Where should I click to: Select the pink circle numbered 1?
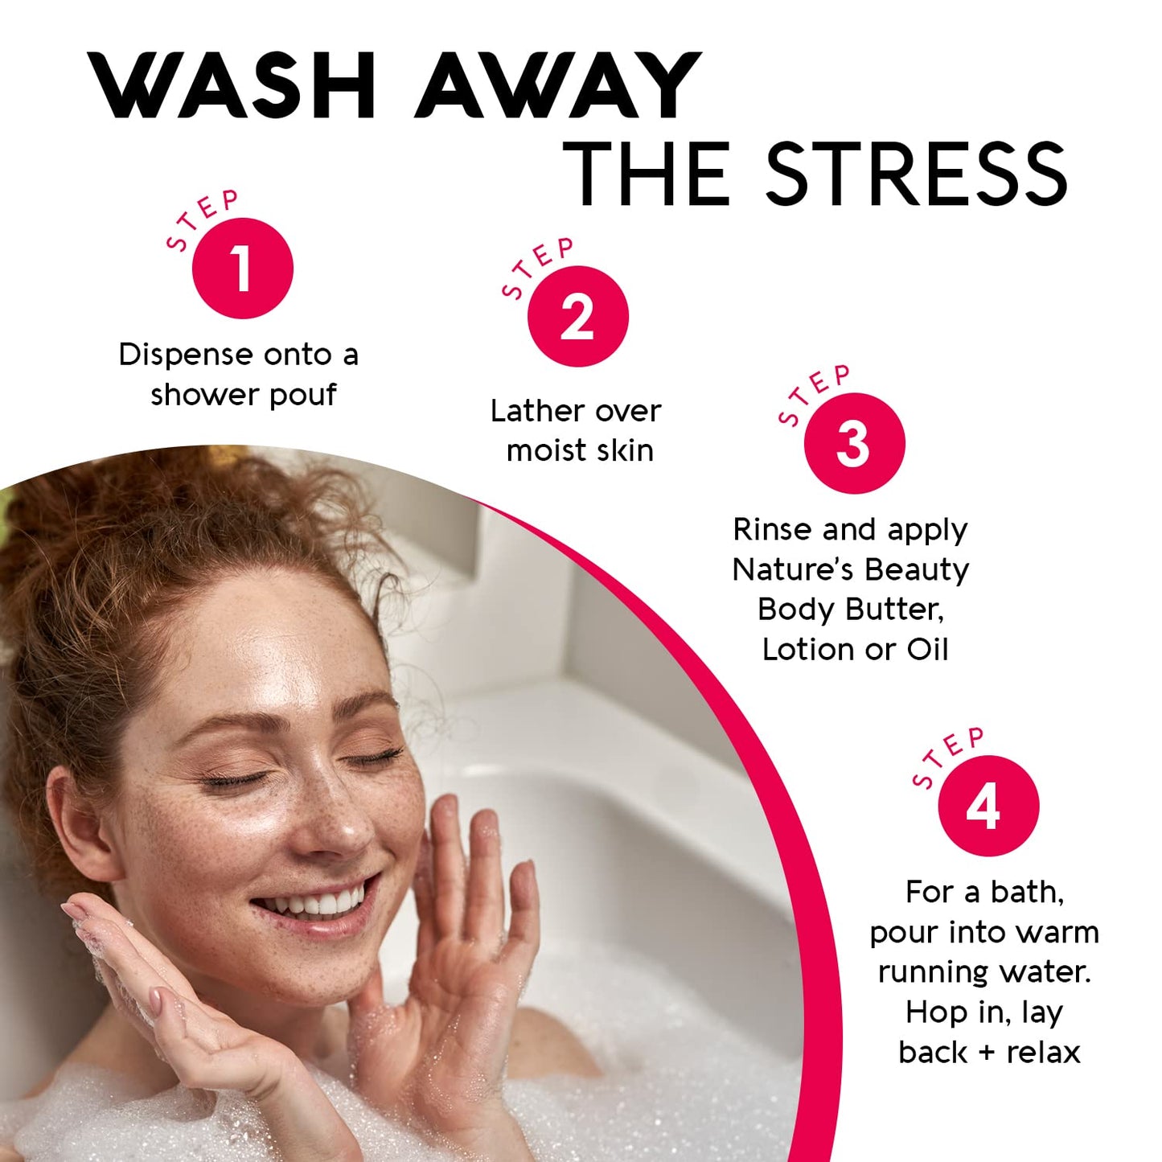(x=242, y=269)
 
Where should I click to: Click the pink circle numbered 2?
(x=577, y=317)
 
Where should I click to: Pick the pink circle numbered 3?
(x=854, y=443)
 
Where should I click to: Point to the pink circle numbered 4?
(x=987, y=806)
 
